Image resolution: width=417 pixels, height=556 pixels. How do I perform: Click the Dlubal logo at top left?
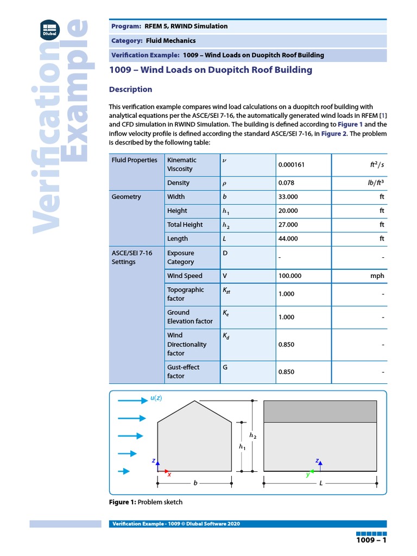pyautogui.click(x=50, y=29)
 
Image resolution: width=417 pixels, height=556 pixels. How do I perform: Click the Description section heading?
pyautogui.click(x=130, y=89)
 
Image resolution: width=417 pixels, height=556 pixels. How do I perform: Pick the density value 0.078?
pyautogui.click(x=286, y=183)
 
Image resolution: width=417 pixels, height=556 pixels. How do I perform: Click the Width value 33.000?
pyautogui.click(x=288, y=197)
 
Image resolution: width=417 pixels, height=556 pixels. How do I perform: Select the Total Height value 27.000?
pyautogui.click(x=288, y=225)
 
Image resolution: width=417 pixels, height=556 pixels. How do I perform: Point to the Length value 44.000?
pyautogui.click(x=288, y=238)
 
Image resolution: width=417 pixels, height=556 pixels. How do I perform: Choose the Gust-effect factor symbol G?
pyautogui.click(x=225, y=368)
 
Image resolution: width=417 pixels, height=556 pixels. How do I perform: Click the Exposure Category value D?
pyautogui.click(x=225, y=253)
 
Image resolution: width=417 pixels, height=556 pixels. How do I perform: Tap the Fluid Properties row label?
pyautogui.click(x=134, y=160)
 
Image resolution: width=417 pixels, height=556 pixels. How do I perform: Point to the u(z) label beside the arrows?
pyautogui.click(x=156, y=399)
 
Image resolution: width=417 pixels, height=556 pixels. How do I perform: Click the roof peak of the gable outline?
pyautogui.click(x=195, y=401)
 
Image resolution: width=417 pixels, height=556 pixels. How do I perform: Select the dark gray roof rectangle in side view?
pyautogui.click(x=320, y=412)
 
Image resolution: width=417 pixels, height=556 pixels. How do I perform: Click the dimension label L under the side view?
pyautogui.click(x=320, y=483)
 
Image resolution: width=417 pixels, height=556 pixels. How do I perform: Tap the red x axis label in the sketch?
pyautogui.click(x=169, y=474)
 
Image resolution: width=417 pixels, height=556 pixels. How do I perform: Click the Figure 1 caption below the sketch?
pyautogui.click(x=146, y=502)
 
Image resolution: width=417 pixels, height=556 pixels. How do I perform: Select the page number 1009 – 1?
pyautogui.click(x=371, y=541)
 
